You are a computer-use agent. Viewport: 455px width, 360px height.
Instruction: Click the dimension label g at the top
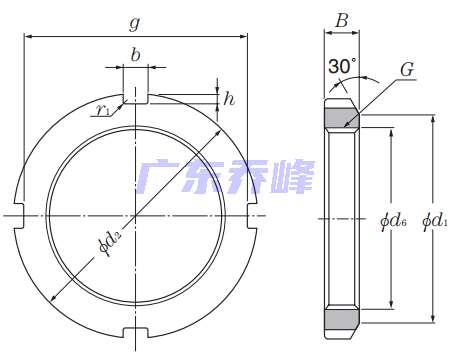pyautogui.click(x=135, y=24)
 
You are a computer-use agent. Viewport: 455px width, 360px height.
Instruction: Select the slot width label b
pyautogui.click(x=135, y=55)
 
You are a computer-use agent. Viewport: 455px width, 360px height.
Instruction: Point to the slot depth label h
pyautogui.click(x=229, y=99)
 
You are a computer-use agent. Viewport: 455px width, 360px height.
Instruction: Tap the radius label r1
pyautogui.click(x=102, y=110)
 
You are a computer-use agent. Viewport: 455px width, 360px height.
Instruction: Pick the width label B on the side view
pyautogui.click(x=342, y=21)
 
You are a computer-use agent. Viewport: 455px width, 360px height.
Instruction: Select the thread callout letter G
pyautogui.click(x=407, y=70)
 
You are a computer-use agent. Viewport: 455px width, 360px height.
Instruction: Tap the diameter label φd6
pyautogui.click(x=393, y=221)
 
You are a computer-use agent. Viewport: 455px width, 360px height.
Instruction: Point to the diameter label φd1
pyautogui.click(x=435, y=221)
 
